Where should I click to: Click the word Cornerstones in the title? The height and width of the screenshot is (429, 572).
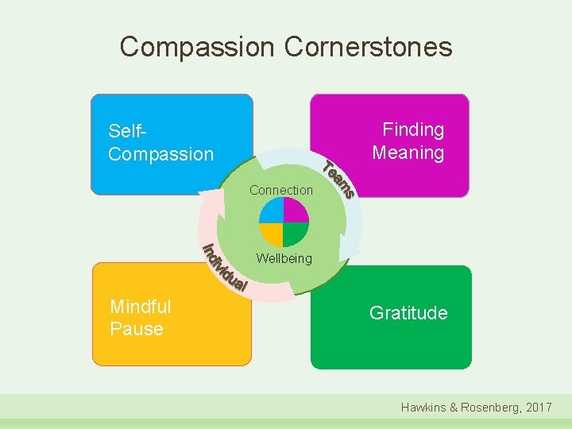coord(368,47)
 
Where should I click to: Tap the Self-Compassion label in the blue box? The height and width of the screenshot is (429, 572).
coord(160,142)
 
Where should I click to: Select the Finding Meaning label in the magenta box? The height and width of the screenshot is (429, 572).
coord(408,141)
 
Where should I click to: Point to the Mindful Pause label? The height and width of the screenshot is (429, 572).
coord(141,317)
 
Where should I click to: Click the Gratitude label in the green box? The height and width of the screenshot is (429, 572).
coord(408,313)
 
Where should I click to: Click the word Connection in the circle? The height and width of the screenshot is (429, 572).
coord(281,190)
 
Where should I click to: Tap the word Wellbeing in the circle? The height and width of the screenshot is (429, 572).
coord(284,258)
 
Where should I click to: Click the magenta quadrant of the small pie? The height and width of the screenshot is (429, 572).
coord(296,211)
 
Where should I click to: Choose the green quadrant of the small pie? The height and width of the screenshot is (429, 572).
coord(296,234)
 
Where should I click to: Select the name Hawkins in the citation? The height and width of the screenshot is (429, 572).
coord(425,407)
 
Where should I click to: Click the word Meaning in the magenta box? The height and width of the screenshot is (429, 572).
coord(408,153)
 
